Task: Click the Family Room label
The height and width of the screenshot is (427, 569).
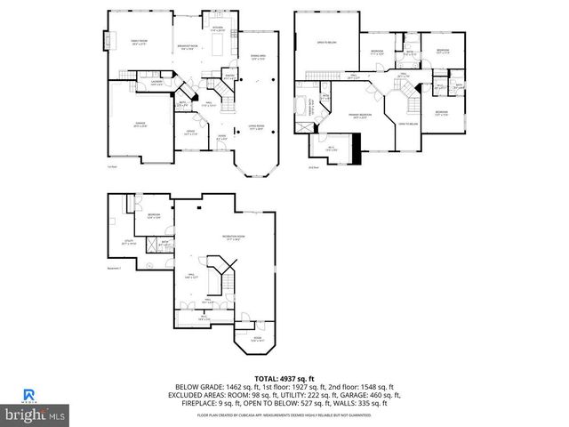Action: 139,40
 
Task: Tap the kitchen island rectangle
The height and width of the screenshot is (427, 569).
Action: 216,45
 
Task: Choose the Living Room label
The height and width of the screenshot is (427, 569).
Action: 258,127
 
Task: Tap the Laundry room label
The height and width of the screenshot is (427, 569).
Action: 156,85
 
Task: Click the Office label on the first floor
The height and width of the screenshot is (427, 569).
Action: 190,133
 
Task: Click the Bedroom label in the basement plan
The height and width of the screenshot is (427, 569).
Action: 154,215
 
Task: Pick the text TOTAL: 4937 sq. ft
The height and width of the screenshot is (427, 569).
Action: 284,378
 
